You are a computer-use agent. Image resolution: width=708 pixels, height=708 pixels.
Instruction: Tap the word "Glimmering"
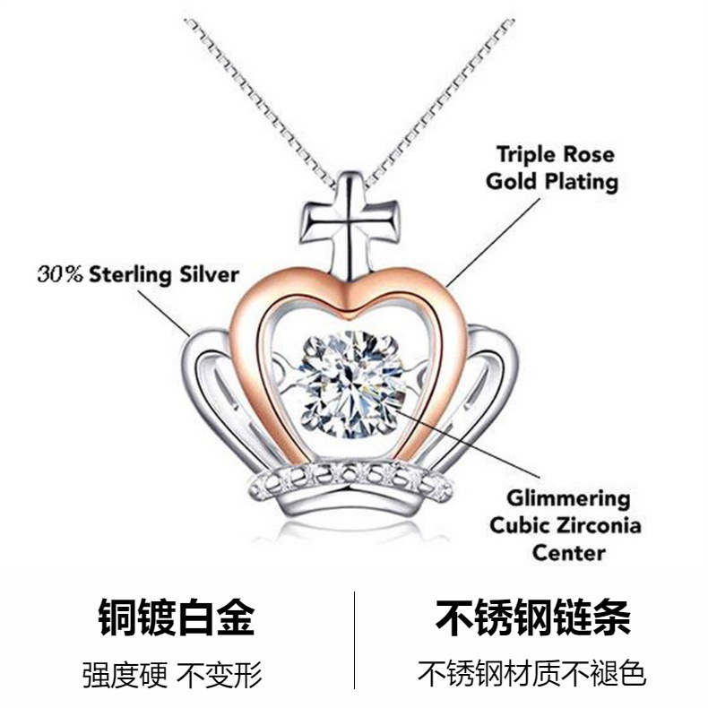(568, 498)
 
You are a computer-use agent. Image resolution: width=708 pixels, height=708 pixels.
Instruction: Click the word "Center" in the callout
(568, 552)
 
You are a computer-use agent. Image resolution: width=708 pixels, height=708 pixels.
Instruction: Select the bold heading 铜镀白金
(176, 618)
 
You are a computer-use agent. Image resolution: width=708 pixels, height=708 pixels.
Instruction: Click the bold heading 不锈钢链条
(532, 618)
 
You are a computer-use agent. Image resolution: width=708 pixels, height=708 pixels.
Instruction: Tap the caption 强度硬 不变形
(176, 673)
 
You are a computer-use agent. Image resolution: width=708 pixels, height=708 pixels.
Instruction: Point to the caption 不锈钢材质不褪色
(532, 673)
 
